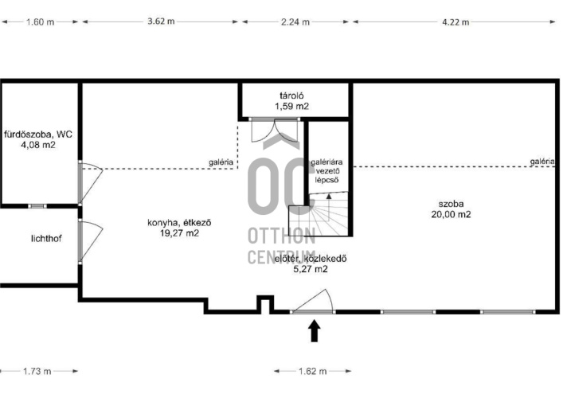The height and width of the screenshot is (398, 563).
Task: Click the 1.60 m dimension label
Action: click(x=40, y=22)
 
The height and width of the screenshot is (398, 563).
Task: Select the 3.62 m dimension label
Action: click(x=161, y=21)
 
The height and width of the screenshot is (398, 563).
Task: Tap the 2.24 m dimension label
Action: click(x=295, y=22)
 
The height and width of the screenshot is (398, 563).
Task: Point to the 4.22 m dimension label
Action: click(x=455, y=22)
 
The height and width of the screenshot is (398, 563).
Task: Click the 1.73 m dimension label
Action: click(x=37, y=371)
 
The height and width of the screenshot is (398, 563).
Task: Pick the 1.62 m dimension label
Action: click(x=313, y=371)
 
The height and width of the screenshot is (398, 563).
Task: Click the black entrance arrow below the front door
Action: click(x=315, y=330)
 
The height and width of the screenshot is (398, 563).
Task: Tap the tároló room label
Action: click(x=292, y=96)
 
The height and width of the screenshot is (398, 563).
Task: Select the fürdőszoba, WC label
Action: click(x=38, y=135)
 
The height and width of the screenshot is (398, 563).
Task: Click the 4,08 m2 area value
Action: click(x=38, y=145)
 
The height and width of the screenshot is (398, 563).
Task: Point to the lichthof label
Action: click(x=46, y=238)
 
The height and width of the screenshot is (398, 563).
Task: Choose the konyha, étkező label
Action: click(x=179, y=223)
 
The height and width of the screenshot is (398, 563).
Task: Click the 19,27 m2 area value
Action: click(x=179, y=233)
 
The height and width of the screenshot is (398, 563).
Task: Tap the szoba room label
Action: click(x=451, y=204)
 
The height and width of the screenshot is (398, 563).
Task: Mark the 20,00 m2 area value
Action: click(x=451, y=214)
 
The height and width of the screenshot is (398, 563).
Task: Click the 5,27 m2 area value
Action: click(x=311, y=269)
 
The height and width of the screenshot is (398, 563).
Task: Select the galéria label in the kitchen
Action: click(x=221, y=162)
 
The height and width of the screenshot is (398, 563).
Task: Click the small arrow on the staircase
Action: click(x=329, y=196)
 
